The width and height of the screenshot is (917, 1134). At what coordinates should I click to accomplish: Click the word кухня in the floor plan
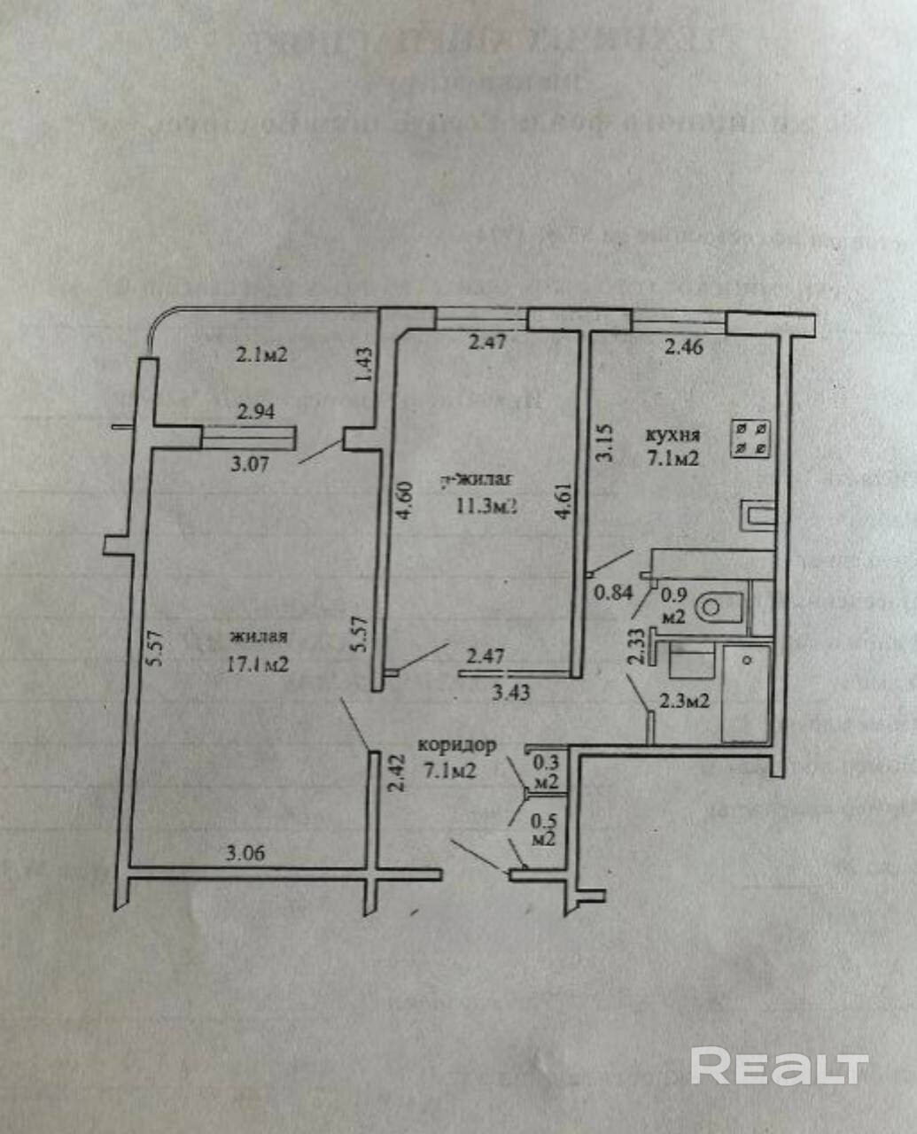(x=672, y=435)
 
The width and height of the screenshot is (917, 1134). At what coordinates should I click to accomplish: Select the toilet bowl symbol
(x=718, y=609)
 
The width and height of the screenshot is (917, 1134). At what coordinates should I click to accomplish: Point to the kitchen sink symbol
(x=758, y=516)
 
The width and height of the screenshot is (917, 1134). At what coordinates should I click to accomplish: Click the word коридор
(x=456, y=745)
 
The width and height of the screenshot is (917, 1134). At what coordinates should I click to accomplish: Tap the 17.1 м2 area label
(x=258, y=664)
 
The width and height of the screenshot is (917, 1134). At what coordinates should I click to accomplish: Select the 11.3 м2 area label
(x=486, y=506)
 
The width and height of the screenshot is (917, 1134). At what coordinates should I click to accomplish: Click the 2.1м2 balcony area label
(x=261, y=355)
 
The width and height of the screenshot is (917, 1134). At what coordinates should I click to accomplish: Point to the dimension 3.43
(x=511, y=692)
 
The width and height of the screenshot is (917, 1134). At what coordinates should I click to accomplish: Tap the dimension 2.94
(x=256, y=411)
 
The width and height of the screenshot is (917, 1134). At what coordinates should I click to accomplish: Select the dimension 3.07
(x=250, y=462)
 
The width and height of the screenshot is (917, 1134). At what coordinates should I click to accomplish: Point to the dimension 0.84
(x=613, y=593)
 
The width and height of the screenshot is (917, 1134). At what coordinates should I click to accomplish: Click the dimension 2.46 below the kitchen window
(x=684, y=346)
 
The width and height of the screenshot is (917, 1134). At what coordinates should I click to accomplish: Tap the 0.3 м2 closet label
(x=546, y=771)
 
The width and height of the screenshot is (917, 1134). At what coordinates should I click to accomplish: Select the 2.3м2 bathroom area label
(x=684, y=701)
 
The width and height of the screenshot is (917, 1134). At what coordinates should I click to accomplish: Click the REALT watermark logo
(x=779, y=1066)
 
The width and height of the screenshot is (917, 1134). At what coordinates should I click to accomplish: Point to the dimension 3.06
(x=245, y=854)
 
